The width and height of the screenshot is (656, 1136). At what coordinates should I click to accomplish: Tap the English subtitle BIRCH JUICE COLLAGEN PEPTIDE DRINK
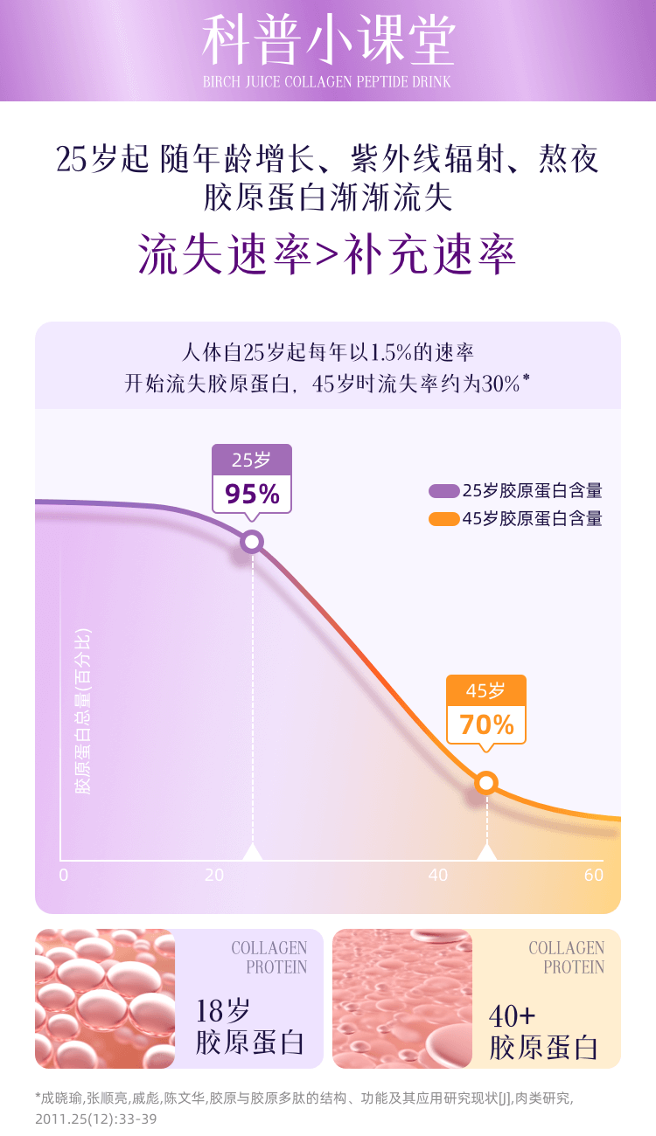[x=327, y=82]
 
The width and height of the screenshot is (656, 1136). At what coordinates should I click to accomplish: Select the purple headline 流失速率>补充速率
[x=328, y=253]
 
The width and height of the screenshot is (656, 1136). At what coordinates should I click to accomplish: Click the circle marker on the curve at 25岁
[x=252, y=542]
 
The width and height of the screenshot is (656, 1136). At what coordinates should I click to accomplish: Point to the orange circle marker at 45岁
[x=486, y=783]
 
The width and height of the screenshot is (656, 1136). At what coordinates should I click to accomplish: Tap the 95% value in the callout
[x=252, y=495]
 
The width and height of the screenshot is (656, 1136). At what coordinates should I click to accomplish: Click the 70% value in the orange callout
[x=486, y=724]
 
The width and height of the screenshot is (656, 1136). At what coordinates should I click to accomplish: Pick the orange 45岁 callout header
[x=486, y=690]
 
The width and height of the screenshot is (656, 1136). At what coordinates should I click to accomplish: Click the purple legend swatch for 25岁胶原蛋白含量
[x=443, y=491]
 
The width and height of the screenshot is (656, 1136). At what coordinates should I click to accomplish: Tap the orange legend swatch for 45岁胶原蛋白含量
[x=443, y=519]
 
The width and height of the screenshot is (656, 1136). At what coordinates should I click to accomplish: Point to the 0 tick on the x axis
[x=63, y=875]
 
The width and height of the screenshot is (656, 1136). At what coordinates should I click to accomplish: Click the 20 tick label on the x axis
[x=214, y=875]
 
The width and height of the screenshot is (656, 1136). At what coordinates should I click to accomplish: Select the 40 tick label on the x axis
[x=438, y=875]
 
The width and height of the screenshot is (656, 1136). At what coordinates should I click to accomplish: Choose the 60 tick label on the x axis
[x=594, y=875]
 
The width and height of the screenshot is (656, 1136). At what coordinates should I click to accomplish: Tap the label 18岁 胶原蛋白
[x=249, y=1027]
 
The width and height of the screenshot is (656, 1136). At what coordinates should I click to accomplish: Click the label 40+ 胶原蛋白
[x=543, y=1031]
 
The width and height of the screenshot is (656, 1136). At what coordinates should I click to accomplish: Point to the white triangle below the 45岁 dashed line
[x=486, y=852]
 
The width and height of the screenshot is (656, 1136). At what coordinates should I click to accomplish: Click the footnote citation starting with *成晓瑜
[x=304, y=1107]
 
